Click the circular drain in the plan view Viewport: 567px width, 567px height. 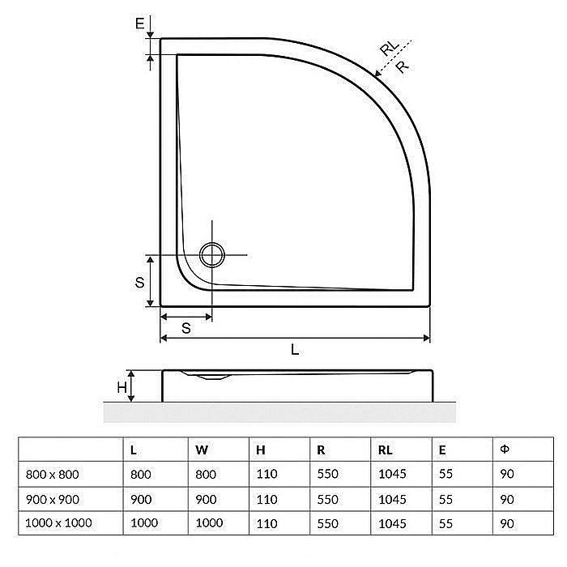213,254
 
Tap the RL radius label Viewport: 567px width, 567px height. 389,49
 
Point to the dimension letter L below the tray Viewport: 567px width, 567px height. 295,350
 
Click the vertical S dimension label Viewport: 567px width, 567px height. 139,282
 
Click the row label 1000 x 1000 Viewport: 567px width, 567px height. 58,522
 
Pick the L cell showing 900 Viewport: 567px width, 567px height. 141,499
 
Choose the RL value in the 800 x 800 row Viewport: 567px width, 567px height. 392,475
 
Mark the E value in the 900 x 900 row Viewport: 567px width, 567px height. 446,499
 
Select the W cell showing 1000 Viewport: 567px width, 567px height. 209,522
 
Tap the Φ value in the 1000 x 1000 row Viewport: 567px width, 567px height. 507,522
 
